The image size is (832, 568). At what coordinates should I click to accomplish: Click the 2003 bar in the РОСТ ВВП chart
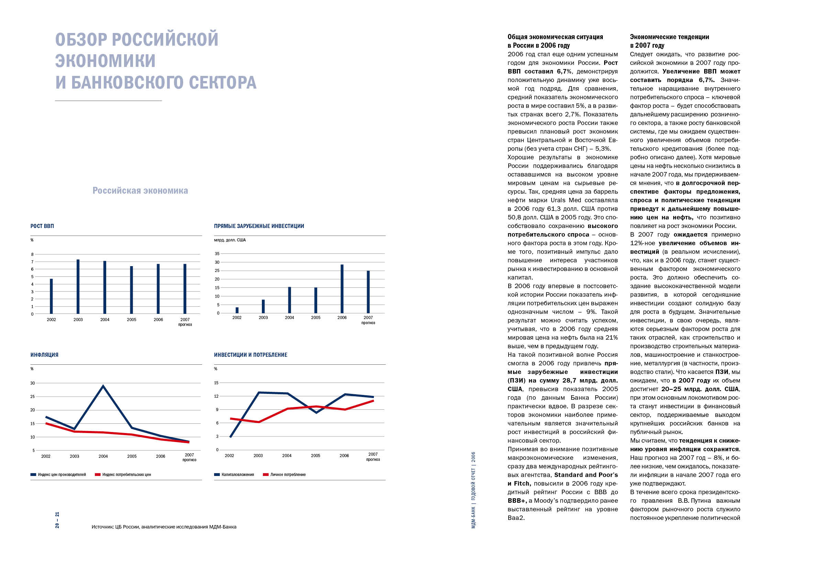(x=78, y=286)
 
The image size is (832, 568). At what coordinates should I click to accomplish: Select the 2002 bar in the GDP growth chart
(x=51, y=296)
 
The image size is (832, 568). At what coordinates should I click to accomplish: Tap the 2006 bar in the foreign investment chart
(x=342, y=289)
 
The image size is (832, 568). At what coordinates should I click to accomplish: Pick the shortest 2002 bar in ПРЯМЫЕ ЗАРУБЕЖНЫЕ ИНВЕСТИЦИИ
(x=237, y=310)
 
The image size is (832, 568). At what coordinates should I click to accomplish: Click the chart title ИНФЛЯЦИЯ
(x=44, y=355)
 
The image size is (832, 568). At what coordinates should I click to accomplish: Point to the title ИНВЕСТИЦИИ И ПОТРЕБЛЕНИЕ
(x=251, y=355)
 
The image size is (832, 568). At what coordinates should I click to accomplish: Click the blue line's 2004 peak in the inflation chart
(x=103, y=386)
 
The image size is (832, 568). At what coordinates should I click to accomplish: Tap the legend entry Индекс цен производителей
(x=58, y=475)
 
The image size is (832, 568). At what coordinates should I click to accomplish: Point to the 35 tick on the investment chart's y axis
(x=217, y=253)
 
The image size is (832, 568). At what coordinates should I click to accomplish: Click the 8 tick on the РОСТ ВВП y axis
(x=32, y=254)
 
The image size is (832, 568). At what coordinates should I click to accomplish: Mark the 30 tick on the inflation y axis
(x=33, y=383)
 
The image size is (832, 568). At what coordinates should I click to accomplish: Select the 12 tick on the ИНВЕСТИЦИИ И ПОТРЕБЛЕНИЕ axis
(x=216, y=396)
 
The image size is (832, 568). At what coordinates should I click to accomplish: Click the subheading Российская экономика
(x=140, y=190)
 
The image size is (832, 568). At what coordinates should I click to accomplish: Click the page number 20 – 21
(x=57, y=520)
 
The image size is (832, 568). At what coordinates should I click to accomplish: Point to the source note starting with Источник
(x=164, y=527)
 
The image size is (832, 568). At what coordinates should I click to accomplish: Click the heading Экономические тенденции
(x=669, y=37)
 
